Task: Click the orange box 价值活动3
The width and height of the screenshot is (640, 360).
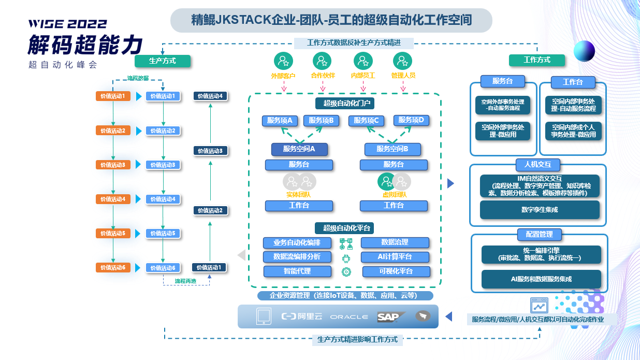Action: pyautogui.click(x=112, y=165)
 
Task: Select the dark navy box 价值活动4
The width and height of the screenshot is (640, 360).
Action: pyautogui.click(x=210, y=96)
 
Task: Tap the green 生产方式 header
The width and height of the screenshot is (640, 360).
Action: pyautogui.click(x=163, y=61)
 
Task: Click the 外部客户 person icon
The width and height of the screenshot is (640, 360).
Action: pyautogui.click(x=283, y=62)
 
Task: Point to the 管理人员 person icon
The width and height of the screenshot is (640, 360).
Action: pyautogui.click(x=403, y=62)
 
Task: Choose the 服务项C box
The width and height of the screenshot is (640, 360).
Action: pyautogui.click(x=366, y=121)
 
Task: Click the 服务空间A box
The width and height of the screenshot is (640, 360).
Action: pyautogui.click(x=300, y=149)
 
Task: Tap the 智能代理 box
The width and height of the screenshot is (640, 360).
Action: pyautogui.click(x=297, y=271)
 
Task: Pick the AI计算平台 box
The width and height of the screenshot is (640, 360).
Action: pyautogui.click(x=395, y=256)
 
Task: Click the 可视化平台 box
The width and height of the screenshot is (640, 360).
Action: pyautogui.click(x=396, y=271)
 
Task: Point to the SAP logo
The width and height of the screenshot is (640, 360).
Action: pyautogui.click(x=391, y=316)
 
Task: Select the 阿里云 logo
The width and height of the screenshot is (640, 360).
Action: pyautogui.click(x=302, y=316)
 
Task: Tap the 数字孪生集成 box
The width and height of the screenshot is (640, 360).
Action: pyautogui.click(x=540, y=210)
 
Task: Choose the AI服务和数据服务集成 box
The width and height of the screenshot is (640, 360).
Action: pyautogui.click(x=541, y=279)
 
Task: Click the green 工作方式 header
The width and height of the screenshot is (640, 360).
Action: pyautogui.click(x=537, y=60)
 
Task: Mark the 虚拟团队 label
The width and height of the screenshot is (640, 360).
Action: pyautogui.click(x=394, y=195)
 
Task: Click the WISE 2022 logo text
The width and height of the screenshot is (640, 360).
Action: pyautogui.click(x=67, y=24)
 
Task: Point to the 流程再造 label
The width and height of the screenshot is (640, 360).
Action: pyautogui.click(x=185, y=281)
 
